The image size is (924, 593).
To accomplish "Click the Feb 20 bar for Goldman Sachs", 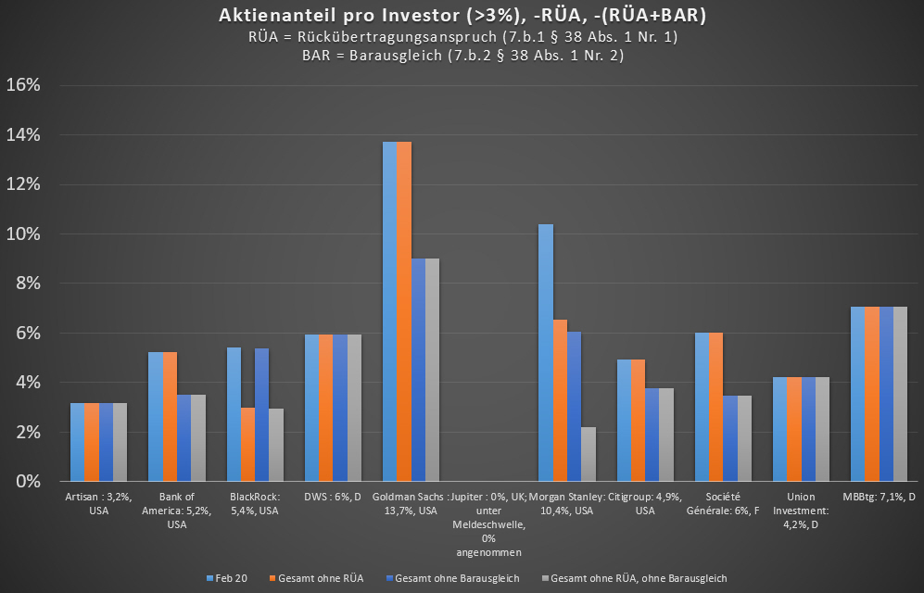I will coord(389,311).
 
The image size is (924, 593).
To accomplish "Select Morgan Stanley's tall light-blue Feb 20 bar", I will coord(546,352).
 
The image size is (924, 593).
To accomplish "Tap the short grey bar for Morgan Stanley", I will coord(589,454).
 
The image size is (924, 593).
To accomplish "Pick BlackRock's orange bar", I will coord(247,444).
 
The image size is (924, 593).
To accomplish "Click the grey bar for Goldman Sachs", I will coord(432,370).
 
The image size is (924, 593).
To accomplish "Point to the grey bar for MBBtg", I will coord(900,394).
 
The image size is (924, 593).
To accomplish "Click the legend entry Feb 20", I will coord(227,578).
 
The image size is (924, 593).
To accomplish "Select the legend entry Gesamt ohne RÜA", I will coord(315,578).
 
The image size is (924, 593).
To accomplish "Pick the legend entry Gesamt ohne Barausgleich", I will coord(451,578).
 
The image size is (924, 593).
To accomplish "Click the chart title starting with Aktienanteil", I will coord(461,16).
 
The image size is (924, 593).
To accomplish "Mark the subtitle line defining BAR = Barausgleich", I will coord(461,55).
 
